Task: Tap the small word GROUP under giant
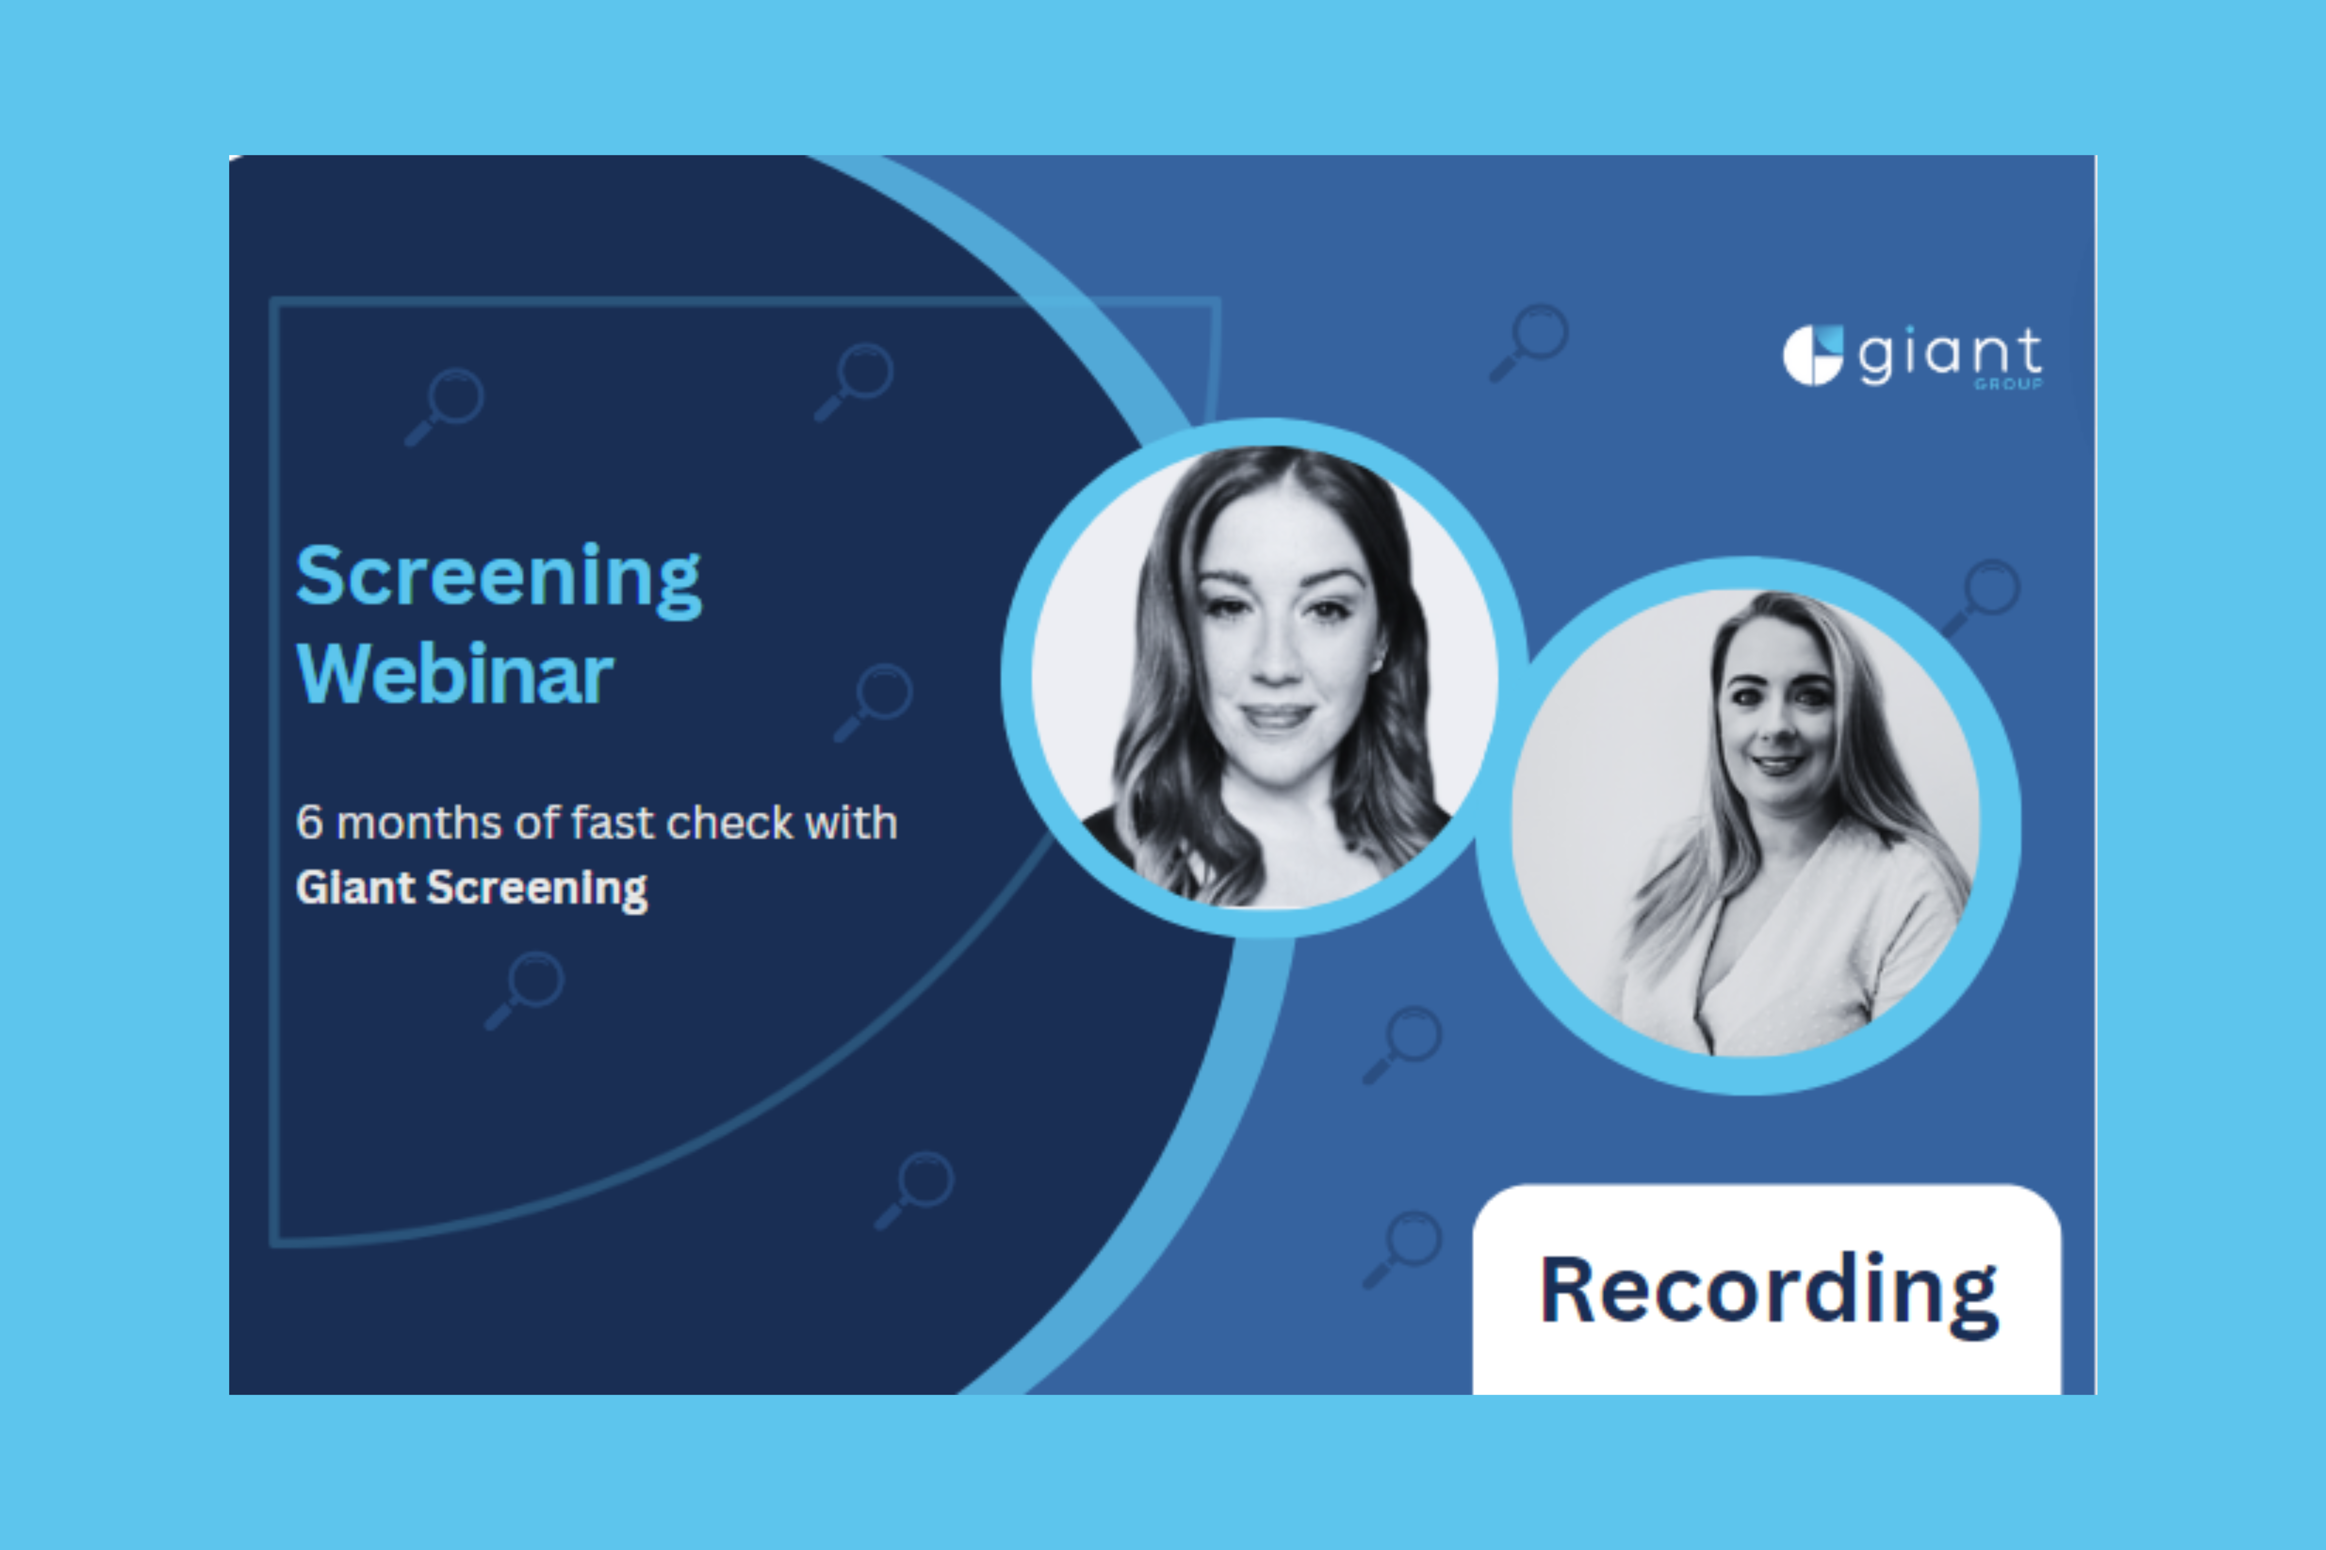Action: click(x=2007, y=383)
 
